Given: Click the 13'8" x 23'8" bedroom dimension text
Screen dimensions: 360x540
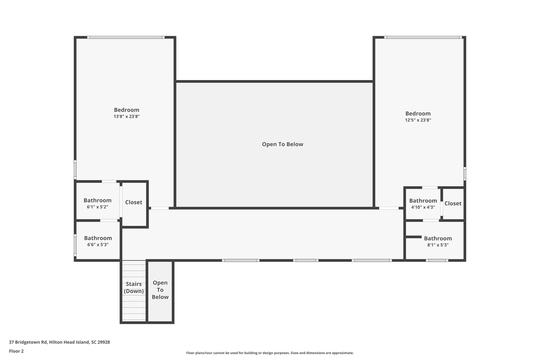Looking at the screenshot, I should click(x=127, y=117).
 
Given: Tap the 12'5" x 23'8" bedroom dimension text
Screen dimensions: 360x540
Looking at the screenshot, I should click(x=418, y=120).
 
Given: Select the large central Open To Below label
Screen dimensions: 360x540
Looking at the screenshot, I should click(x=282, y=144).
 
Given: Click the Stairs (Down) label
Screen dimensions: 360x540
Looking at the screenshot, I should click(x=134, y=287).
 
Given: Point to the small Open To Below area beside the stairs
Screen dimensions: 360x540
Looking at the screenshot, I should click(x=160, y=290).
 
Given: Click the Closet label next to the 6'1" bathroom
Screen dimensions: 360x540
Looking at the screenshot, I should click(x=134, y=202).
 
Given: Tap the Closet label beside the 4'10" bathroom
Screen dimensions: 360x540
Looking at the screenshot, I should click(x=453, y=203).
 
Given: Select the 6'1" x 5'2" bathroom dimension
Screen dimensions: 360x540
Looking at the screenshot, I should click(x=97, y=207).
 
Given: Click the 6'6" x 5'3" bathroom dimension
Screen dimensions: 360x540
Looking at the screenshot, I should click(x=98, y=245).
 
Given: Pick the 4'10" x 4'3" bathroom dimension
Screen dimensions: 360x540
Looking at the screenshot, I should click(x=423, y=207).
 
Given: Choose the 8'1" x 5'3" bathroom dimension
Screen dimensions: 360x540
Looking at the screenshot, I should click(x=438, y=245).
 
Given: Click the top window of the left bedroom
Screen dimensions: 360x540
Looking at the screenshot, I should click(x=126, y=37).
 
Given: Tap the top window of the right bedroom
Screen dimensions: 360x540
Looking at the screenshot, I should click(x=423, y=37).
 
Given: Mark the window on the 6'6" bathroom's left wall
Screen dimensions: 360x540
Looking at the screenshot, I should click(x=75, y=245).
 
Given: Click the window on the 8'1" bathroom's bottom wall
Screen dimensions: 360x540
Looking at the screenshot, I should click(x=437, y=260).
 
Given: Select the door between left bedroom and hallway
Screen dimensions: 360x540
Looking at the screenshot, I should click(x=160, y=208).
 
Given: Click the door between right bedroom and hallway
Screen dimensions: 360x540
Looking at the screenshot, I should click(x=389, y=208).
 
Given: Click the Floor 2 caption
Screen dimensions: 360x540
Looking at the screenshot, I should click(x=16, y=351).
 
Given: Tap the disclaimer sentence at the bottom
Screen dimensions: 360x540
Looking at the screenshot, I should click(x=270, y=353).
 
